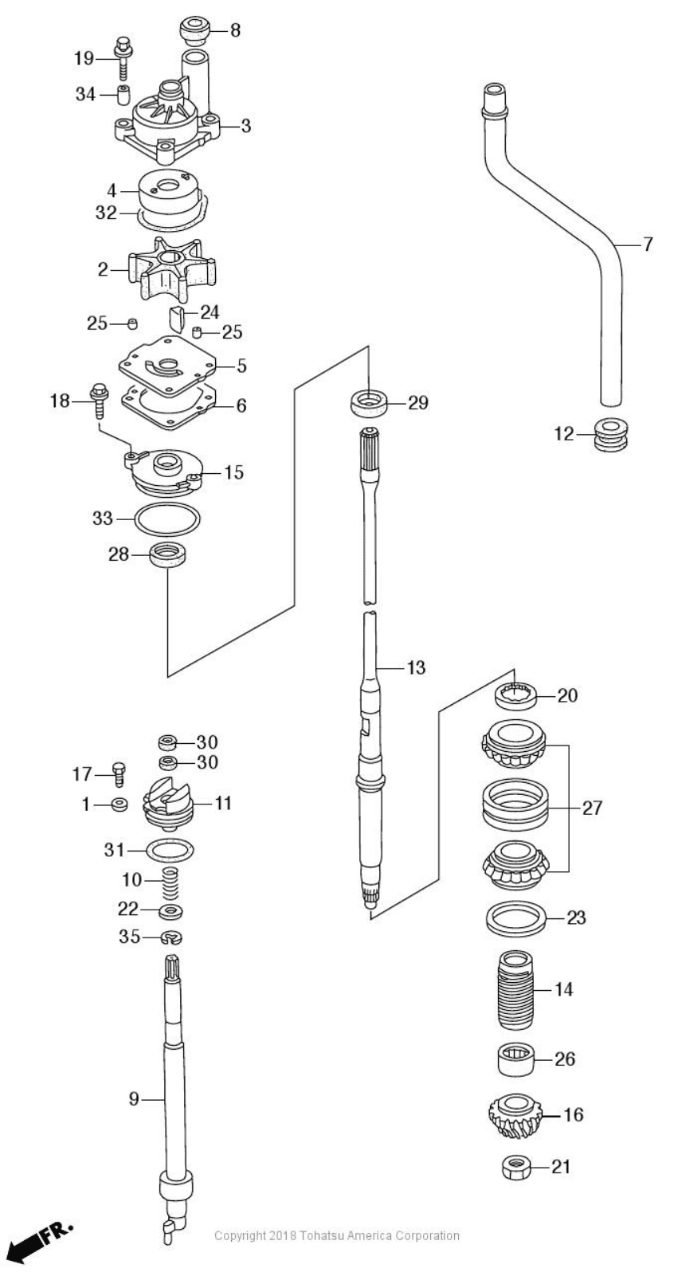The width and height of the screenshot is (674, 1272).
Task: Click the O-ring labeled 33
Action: click(x=167, y=519)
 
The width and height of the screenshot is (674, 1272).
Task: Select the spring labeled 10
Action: click(x=170, y=883)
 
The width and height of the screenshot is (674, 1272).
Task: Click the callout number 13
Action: click(x=416, y=667)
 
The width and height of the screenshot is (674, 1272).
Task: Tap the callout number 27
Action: click(x=592, y=808)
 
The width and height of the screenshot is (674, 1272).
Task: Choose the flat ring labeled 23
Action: click(x=515, y=918)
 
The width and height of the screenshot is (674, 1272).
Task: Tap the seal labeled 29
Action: click(x=370, y=403)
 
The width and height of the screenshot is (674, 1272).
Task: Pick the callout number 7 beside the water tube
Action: click(x=648, y=245)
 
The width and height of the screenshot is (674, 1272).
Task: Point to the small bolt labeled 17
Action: click(x=120, y=773)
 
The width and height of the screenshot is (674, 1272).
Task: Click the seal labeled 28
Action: click(x=167, y=554)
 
